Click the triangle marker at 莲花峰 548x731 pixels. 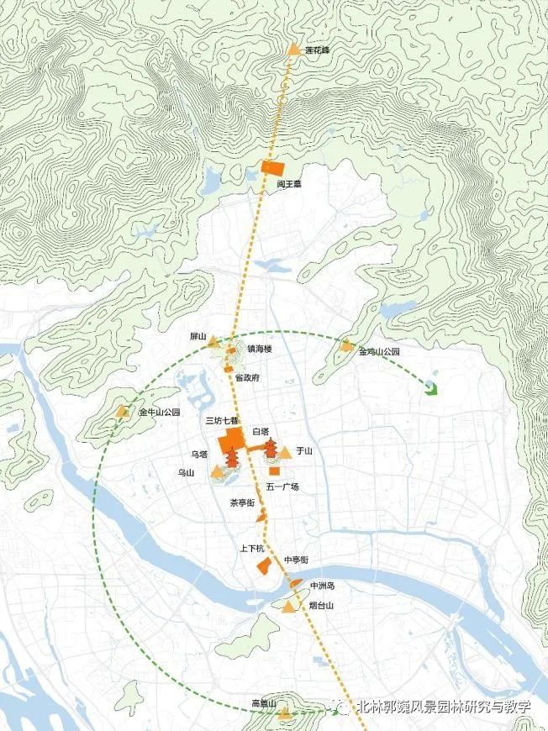pyautogui.click(x=294, y=50)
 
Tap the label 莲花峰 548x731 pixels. pyautogui.click(x=318, y=50)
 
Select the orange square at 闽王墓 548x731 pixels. pyautogui.click(x=269, y=166)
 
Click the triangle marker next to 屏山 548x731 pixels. pyautogui.click(x=213, y=342)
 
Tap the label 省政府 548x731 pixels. pyautogui.click(x=246, y=377)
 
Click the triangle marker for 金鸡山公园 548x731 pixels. pyautogui.click(x=345, y=344)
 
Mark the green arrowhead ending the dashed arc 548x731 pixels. pyautogui.click(x=433, y=387)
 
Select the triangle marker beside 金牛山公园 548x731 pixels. pyautogui.click(x=124, y=412)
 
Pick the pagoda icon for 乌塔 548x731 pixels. pyautogui.click(x=231, y=459)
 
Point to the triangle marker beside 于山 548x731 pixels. pyautogui.click(x=286, y=453)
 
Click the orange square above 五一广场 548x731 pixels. pyautogui.click(x=274, y=471)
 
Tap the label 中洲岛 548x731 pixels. pyautogui.click(x=322, y=585)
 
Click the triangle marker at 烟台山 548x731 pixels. pyautogui.click(x=290, y=607)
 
